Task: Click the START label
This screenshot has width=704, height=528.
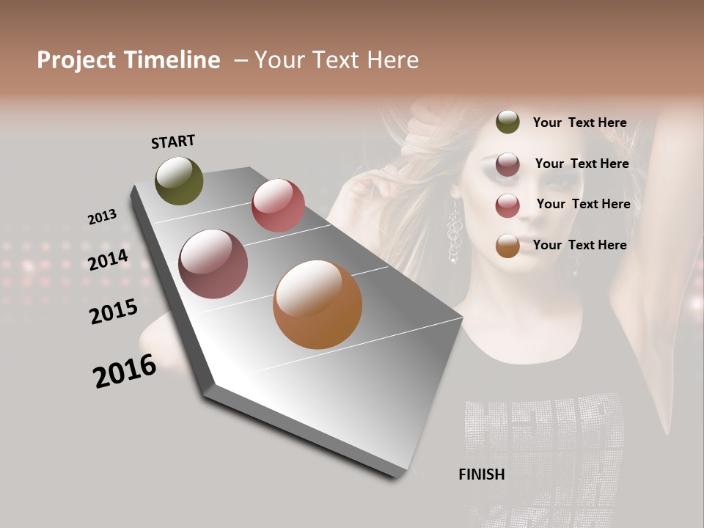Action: pos(173,142)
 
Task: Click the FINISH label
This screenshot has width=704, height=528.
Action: pos(481,474)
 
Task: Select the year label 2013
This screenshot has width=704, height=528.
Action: pos(102,217)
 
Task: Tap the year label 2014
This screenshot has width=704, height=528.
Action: pos(109,260)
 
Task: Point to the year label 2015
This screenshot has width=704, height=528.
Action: pos(114,312)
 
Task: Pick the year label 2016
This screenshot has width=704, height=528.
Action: pos(125,371)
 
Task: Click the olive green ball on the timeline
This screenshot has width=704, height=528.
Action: pos(179,180)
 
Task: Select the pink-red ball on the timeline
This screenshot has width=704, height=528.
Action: pos(278,205)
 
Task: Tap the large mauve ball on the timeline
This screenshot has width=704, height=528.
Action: pos(213,264)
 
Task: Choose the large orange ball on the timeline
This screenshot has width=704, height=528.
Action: pos(318,304)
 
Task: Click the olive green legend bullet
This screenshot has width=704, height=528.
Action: pos(507,122)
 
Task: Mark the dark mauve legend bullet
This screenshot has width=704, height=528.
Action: pos(507,164)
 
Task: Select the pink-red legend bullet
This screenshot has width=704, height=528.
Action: pos(507,205)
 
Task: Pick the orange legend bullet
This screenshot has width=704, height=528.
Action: pos(507,246)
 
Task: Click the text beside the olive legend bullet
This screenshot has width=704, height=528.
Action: pos(579,122)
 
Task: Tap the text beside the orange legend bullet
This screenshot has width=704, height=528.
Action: pos(579,245)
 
